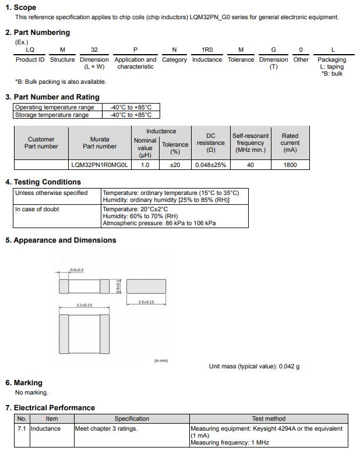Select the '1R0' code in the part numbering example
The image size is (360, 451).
(207, 50)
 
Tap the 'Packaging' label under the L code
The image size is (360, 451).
(331, 59)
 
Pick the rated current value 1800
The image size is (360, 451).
(290, 165)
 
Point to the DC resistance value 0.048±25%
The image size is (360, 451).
(210, 165)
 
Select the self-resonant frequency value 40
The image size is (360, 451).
(250, 165)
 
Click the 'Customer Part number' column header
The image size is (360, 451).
(41, 143)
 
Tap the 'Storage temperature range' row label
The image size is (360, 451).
(52, 115)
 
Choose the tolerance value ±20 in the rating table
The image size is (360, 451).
(175, 165)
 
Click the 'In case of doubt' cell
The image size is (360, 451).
(37, 209)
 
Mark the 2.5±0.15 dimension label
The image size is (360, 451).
(146, 302)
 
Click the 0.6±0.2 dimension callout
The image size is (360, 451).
(76, 270)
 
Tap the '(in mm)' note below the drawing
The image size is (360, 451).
(161, 361)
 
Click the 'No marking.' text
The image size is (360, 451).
(31, 392)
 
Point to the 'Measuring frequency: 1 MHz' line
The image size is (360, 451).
(230, 443)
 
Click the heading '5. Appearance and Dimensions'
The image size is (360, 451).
(61, 240)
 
